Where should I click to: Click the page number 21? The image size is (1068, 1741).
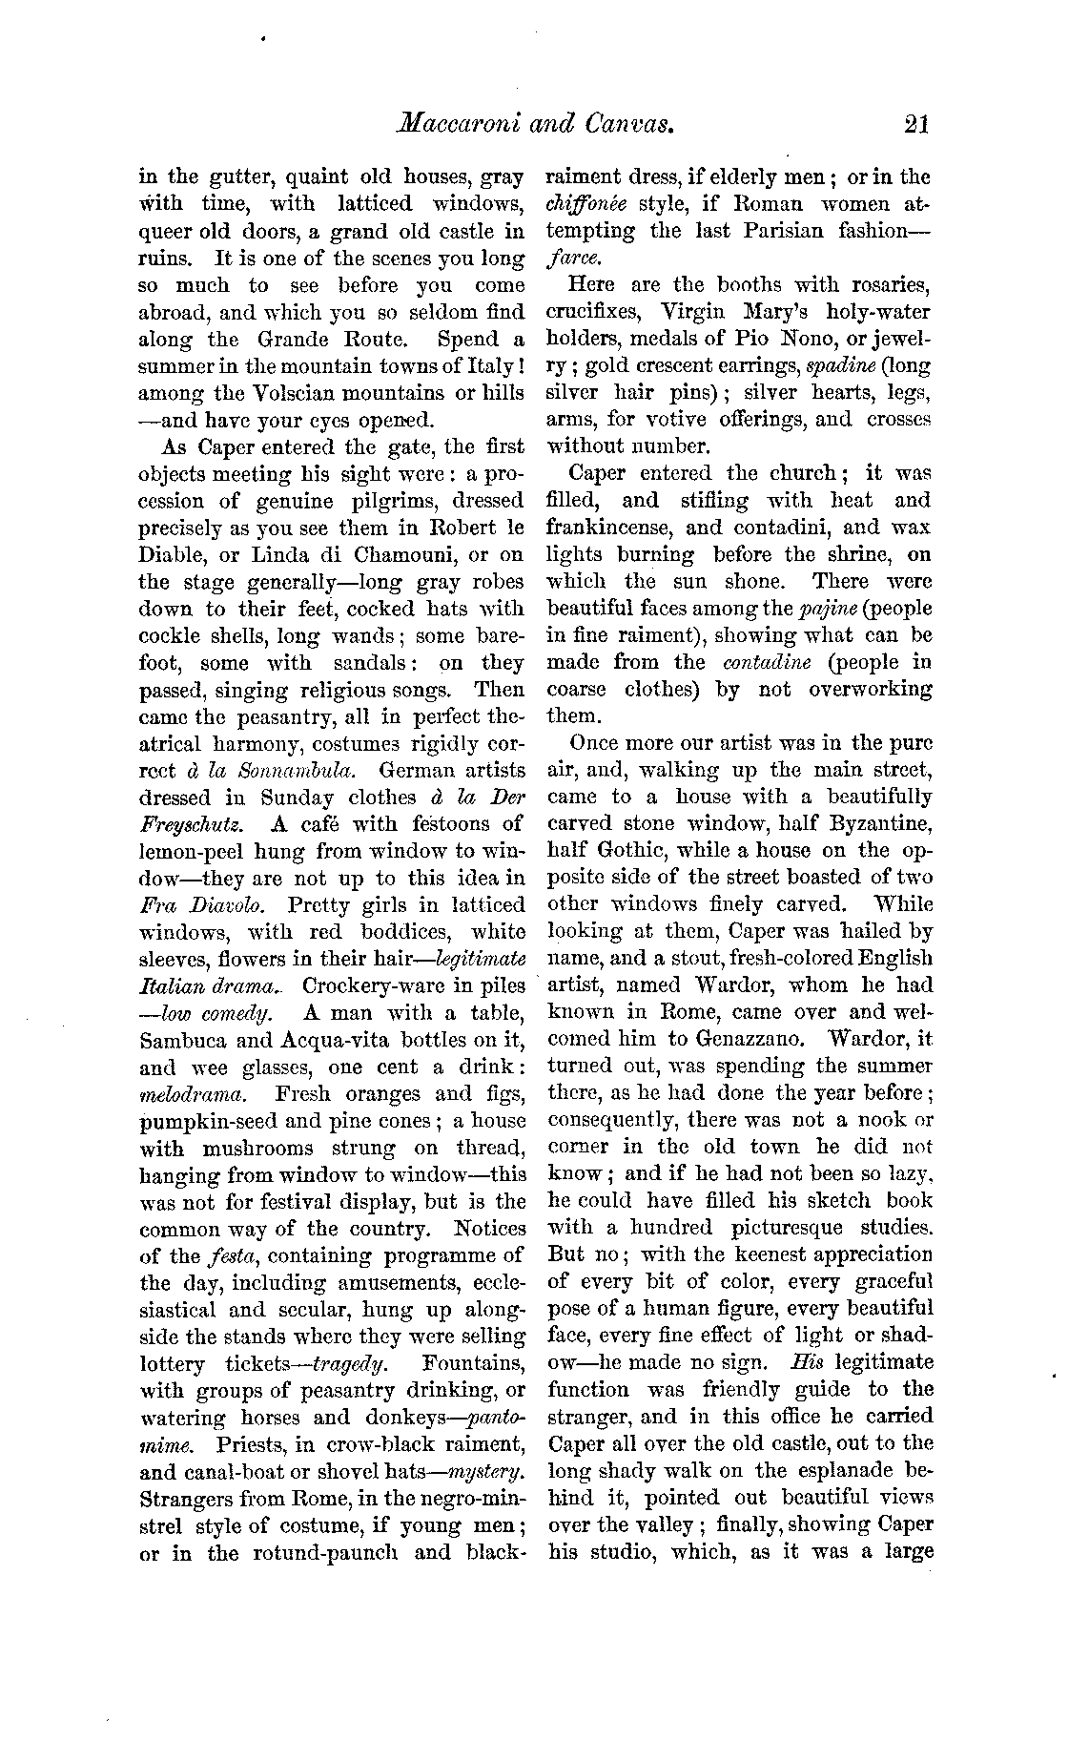pos(914,123)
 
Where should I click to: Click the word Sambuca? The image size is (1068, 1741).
pos(183,1040)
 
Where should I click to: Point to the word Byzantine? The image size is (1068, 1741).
pos(868,823)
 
